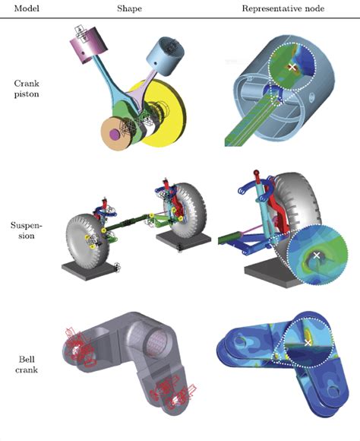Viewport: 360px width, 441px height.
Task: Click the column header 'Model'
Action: (27, 8)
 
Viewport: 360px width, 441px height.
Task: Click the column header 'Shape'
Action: (129, 8)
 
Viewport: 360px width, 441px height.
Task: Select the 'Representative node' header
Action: (283, 8)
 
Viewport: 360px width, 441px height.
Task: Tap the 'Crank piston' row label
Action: (27, 89)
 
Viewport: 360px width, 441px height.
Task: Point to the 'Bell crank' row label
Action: (27, 364)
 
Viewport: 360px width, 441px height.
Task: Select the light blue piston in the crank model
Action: (166, 56)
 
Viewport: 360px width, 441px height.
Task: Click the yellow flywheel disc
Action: (166, 113)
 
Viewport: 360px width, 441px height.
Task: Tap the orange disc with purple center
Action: (118, 134)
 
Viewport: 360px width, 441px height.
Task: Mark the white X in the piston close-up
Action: (292, 67)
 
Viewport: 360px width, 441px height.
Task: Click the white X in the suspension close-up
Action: (317, 255)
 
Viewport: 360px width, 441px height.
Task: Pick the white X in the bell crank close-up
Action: (308, 343)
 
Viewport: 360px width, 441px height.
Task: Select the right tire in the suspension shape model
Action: (188, 211)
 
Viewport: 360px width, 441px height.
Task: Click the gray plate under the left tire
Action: (90, 271)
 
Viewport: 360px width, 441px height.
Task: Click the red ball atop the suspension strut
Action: (256, 173)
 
